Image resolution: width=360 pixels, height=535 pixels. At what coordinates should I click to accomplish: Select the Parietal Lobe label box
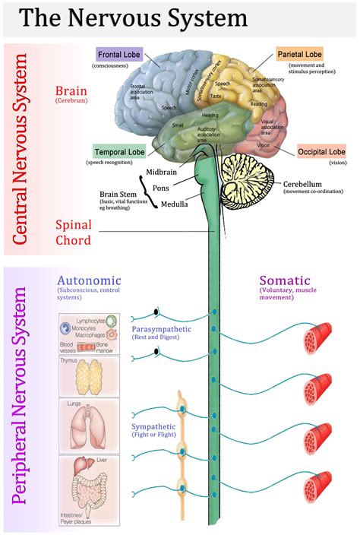click(298, 54)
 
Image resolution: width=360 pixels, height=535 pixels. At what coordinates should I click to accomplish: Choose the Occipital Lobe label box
click(321, 151)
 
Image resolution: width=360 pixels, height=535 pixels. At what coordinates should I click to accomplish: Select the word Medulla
click(175, 204)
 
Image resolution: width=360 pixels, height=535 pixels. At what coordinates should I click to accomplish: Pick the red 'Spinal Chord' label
click(83, 232)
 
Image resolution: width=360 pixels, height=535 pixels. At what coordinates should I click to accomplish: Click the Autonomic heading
click(88, 280)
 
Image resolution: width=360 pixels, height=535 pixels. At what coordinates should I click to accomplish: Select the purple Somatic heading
click(286, 280)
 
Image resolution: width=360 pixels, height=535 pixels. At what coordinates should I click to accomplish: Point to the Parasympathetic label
click(162, 329)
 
